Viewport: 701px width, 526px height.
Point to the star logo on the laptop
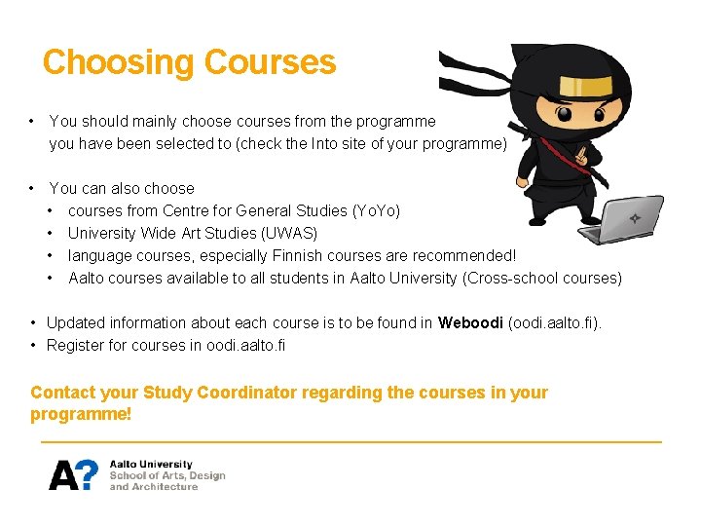634,218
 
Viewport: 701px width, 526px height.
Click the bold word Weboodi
471,322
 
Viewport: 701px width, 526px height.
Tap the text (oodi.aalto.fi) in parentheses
555,322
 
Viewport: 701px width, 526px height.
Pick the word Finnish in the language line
305,255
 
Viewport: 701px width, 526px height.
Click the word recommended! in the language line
464,255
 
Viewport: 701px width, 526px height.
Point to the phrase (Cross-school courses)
543,278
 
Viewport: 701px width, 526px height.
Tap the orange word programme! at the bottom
81,414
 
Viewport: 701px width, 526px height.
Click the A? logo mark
74,474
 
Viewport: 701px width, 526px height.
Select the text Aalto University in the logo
151,465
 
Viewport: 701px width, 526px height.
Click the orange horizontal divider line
350,442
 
